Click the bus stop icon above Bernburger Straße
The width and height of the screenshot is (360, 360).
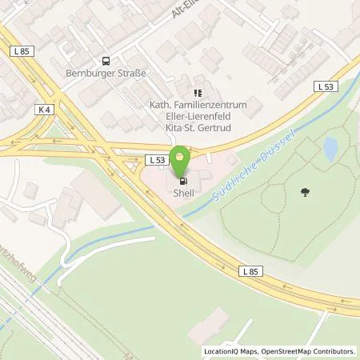coord(105,62)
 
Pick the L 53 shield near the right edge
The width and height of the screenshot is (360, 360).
coord(324,86)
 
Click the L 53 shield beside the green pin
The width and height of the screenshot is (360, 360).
coord(157,160)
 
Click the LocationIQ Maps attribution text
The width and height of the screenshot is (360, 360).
coord(231,351)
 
